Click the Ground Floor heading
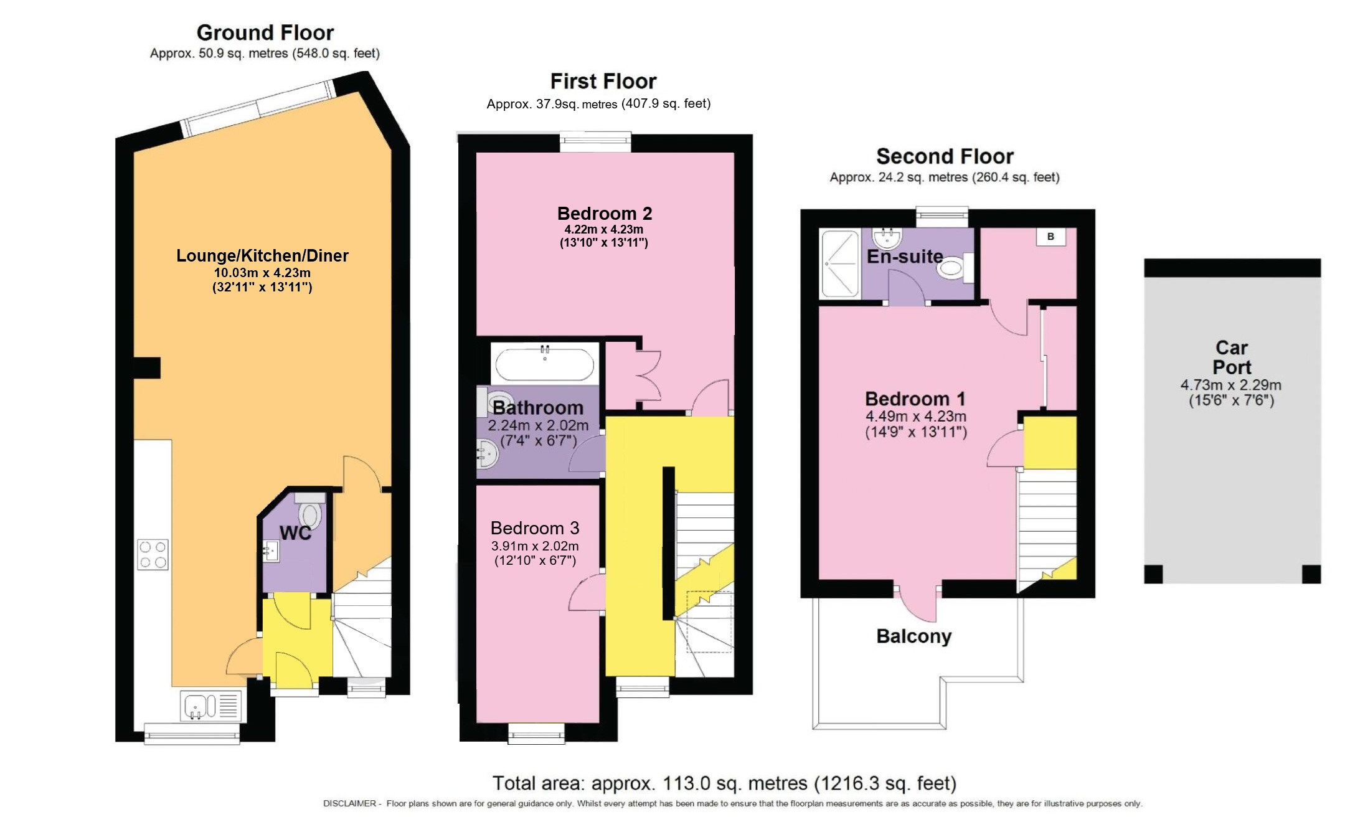point(265,32)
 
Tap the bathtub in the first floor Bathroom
point(544,364)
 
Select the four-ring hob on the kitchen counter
point(153,554)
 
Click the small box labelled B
point(1050,237)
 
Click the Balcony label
point(913,636)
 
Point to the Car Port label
point(1232,357)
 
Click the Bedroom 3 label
point(534,528)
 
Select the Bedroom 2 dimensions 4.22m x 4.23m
point(603,229)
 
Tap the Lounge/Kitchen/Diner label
point(262,255)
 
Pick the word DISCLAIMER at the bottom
point(349,804)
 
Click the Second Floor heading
point(945,156)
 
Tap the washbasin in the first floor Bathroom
point(486,453)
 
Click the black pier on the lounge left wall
point(147,367)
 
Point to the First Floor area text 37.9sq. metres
point(552,104)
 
